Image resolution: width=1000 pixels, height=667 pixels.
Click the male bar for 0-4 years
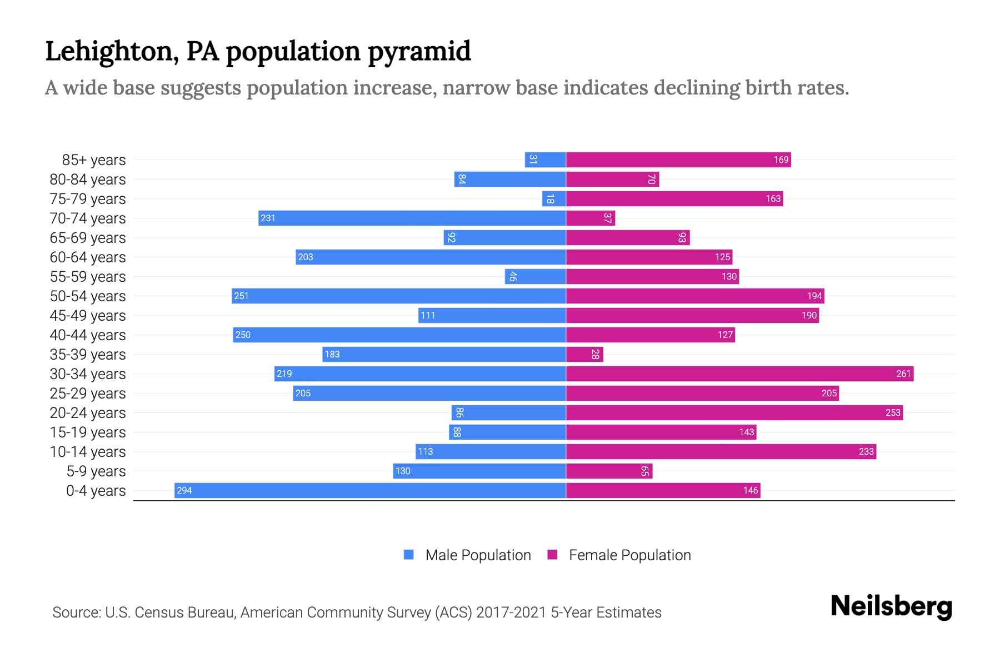tap(370, 490)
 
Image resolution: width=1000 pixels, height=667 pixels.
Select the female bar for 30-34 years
tap(739, 374)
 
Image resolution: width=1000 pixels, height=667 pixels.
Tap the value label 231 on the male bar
tap(268, 218)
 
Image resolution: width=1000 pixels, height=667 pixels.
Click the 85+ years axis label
tap(93, 160)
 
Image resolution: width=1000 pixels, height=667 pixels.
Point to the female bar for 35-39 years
tap(584, 354)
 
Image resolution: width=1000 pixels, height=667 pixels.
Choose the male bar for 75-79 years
tap(554, 198)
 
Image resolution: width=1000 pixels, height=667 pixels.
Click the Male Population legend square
tap(409, 555)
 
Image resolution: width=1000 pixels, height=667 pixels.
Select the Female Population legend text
tap(629, 555)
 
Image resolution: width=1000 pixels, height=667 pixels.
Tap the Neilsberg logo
tap(891, 606)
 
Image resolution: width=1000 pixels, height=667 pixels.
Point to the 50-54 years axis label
tap(88, 296)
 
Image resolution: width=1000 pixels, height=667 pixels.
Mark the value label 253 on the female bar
tap(892, 412)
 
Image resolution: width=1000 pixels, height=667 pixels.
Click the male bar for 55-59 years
tap(535, 276)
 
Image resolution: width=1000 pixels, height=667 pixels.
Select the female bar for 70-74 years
tap(591, 218)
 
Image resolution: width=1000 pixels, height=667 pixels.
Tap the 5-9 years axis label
tap(96, 471)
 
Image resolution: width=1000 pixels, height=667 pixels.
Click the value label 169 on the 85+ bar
tap(781, 160)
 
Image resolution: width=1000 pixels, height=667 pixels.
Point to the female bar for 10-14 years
tap(721, 451)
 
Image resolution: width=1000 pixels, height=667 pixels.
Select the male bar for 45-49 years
tap(492, 315)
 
